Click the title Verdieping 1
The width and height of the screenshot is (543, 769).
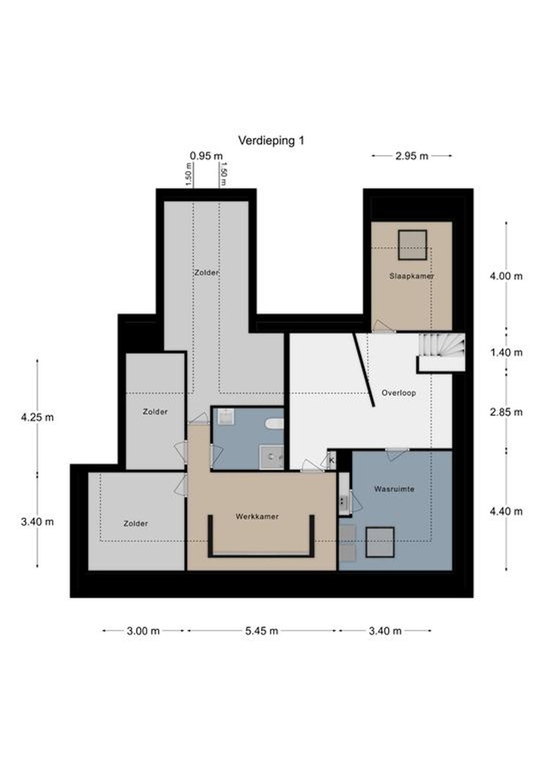pos(271,141)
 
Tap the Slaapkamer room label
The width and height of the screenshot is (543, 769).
pos(411,276)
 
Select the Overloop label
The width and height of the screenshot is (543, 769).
pos(398,393)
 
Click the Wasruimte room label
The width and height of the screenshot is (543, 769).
pos(394,489)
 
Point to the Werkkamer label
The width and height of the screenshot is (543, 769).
pos(257,516)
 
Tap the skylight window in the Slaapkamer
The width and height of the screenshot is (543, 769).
pos(412,245)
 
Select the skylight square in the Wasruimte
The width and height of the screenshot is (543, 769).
pos(380,542)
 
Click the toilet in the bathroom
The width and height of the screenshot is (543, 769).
pos(275,423)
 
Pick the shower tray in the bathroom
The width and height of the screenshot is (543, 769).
pos(271,457)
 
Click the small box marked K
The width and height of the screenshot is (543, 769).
pos(332,460)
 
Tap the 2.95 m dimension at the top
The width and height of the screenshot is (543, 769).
pos(412,156)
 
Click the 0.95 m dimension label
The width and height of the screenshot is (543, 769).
pos(206,156)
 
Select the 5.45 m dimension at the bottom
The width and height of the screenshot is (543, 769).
pos(261,631)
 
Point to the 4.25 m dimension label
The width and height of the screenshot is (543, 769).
pos(37,418)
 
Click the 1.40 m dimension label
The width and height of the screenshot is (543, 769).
pos(506,352)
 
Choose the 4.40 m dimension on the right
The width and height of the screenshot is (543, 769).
pos(506,511)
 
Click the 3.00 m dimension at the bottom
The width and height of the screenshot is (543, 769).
pos(143,631)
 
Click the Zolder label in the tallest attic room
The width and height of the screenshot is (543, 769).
pos(206,272)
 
